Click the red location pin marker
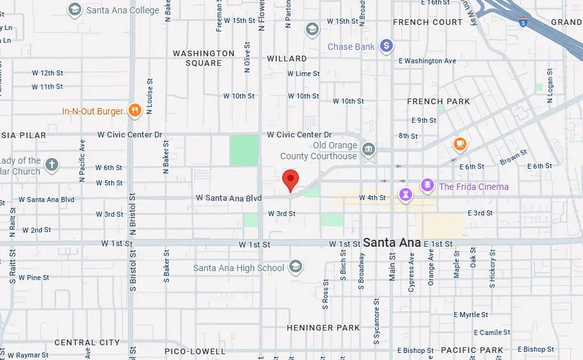[291, 180]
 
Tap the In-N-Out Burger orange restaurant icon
[134, 111]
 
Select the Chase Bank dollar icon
[386, 46]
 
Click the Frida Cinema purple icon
[427, 186]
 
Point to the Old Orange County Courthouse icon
[369, 150]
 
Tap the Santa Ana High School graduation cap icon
[295, 267]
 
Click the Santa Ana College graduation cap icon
[75, 10]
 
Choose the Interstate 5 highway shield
[524, 23]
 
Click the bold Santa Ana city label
[391, 242]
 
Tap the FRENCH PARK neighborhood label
[438, 101]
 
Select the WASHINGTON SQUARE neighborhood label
[204, 58]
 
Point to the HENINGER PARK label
[323, 327]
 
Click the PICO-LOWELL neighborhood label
[195, 351]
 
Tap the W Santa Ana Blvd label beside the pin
[228, 199]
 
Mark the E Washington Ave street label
[427, 61]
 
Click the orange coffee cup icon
[459, 144]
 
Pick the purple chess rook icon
[405, 194]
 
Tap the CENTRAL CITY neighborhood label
[87, 342]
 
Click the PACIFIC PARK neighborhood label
[472, 350]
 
